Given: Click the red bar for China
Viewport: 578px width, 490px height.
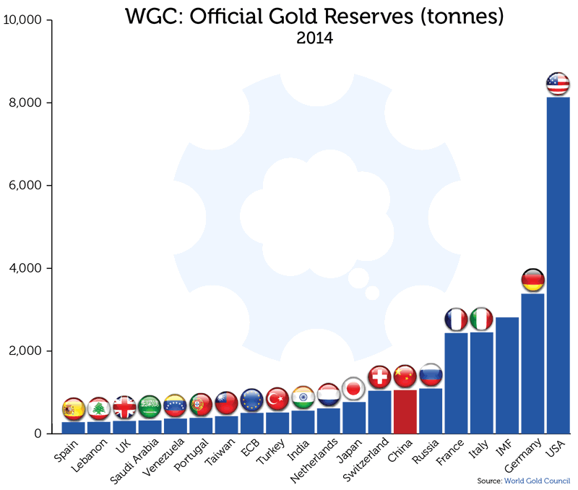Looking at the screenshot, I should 405,412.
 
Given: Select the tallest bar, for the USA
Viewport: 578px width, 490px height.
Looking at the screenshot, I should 558,267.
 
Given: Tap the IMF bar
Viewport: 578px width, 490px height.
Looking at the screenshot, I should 507,376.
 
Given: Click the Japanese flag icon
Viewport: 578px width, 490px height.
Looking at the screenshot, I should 353,389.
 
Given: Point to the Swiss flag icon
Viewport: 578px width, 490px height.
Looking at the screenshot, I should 379,377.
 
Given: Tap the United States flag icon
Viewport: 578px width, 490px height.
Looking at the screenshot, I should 558,84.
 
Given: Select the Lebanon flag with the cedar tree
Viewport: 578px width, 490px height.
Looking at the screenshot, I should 98,408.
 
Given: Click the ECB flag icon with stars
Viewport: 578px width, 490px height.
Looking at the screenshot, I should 251,400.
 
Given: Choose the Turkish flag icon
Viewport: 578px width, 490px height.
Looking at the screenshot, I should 277,398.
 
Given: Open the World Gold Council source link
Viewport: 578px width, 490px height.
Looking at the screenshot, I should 537,481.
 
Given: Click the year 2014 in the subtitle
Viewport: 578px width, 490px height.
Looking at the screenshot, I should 314,38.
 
